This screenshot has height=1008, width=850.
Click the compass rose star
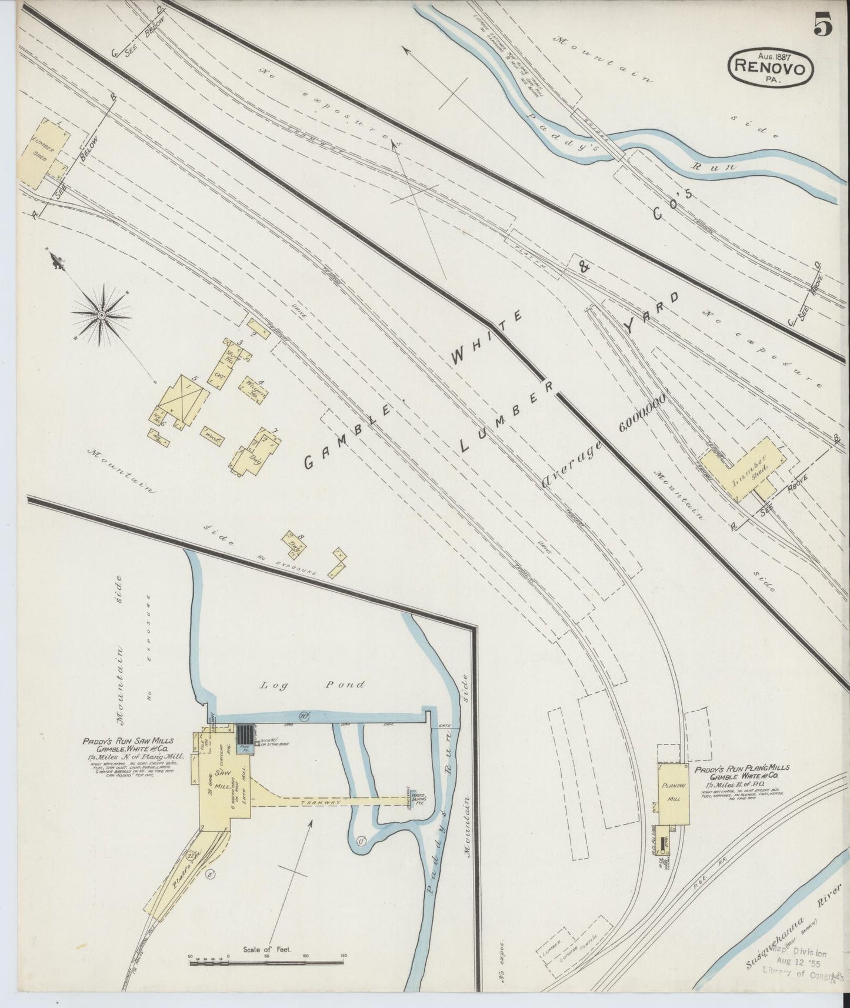click(102, 315)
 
